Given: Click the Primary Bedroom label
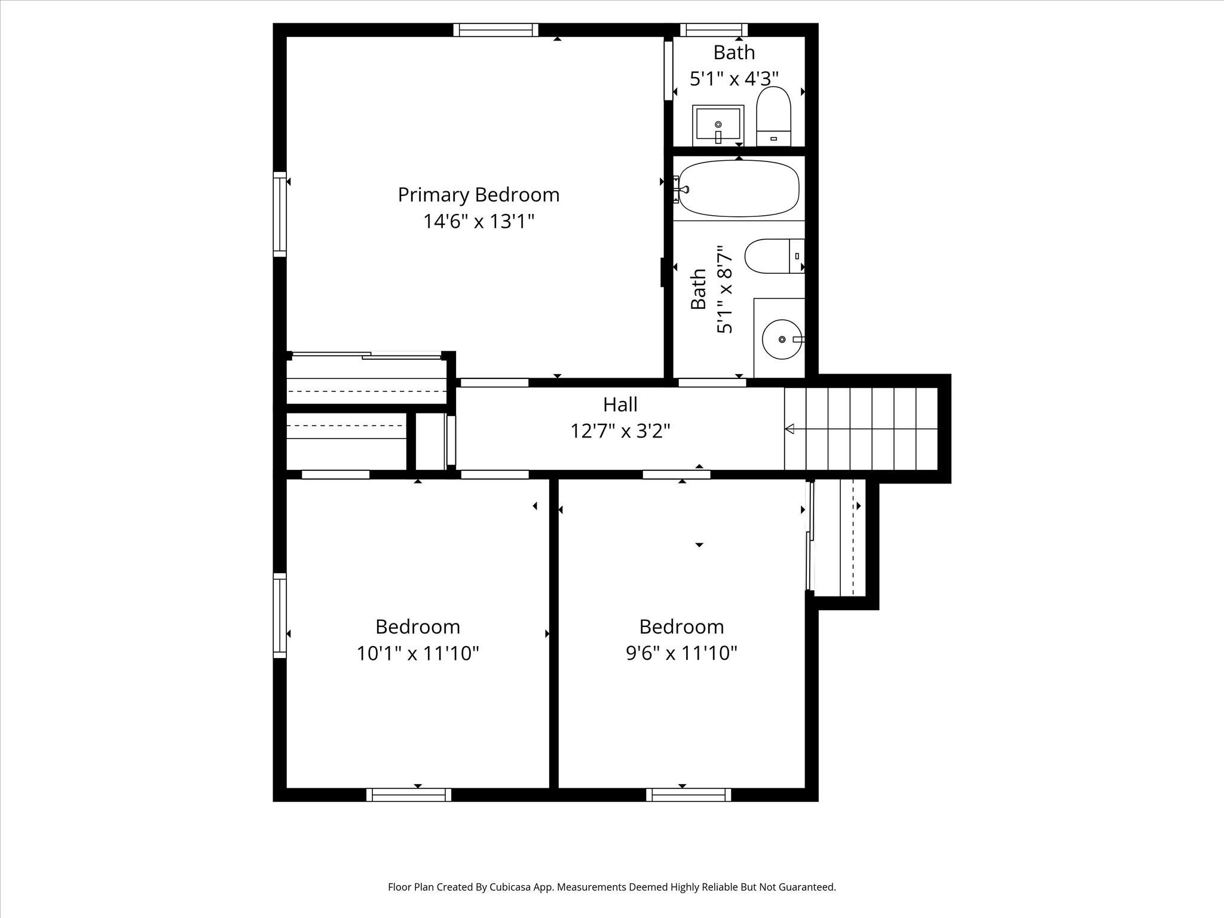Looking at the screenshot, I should (478, 195).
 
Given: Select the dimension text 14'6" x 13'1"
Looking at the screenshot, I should (478, 222).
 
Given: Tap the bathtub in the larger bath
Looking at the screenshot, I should (739, 188).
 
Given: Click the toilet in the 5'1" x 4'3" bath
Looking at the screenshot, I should (773, 117).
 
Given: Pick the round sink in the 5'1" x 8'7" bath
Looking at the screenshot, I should (782, 339).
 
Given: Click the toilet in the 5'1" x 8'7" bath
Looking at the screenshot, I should (774, 256).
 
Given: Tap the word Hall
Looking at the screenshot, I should (620, 405).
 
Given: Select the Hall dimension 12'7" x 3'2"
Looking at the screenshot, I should (620, 431).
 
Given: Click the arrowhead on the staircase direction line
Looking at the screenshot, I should (790, 429).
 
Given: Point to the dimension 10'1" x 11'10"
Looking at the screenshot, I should (418, 653).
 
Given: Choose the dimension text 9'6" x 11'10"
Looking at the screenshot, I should (681, 653).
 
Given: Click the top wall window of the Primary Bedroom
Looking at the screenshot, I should (495, 30).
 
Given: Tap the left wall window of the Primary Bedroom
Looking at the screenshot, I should (280, 214).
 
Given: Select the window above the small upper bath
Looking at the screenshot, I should (714, 30).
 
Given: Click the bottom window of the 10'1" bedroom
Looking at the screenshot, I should (409, 794).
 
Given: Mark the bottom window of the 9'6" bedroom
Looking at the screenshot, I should (688, 794).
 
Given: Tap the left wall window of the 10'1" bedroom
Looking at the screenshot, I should (280, 616).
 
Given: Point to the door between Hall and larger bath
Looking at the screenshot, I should (712, 382).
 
